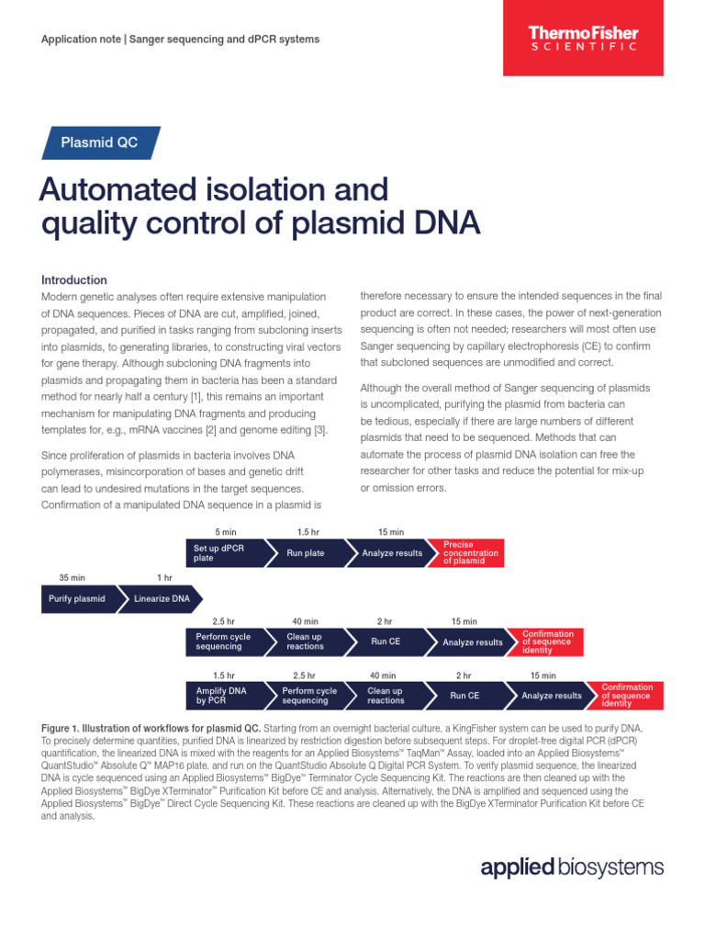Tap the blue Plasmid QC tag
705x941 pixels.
100,142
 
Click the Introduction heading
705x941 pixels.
74,279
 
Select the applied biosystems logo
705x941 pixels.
571,867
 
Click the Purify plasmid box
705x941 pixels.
77,598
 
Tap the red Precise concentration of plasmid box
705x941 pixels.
471,553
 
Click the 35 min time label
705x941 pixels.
72,577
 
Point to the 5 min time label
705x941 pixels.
225,532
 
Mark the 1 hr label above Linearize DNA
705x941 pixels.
164,577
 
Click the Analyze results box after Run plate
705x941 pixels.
392,553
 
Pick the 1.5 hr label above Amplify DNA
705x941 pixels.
224,675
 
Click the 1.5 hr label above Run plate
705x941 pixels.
308,532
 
